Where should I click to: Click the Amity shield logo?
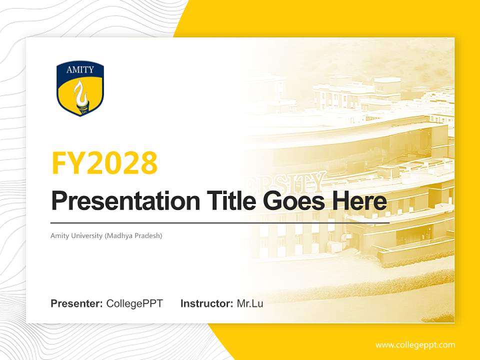pos(80,89)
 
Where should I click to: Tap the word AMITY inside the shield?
pos(80,70)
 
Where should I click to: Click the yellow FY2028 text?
pos(104,163)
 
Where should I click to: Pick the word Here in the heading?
pos(359,201)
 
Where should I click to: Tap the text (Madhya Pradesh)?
pos(133,235)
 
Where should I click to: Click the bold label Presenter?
pos(77,303)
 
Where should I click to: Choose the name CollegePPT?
pos(134,303)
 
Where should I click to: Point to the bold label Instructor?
pos(206,303)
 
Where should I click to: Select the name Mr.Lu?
pos(250,303)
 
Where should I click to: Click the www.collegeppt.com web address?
pos(415,345)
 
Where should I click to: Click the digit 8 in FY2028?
pos(148,163)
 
